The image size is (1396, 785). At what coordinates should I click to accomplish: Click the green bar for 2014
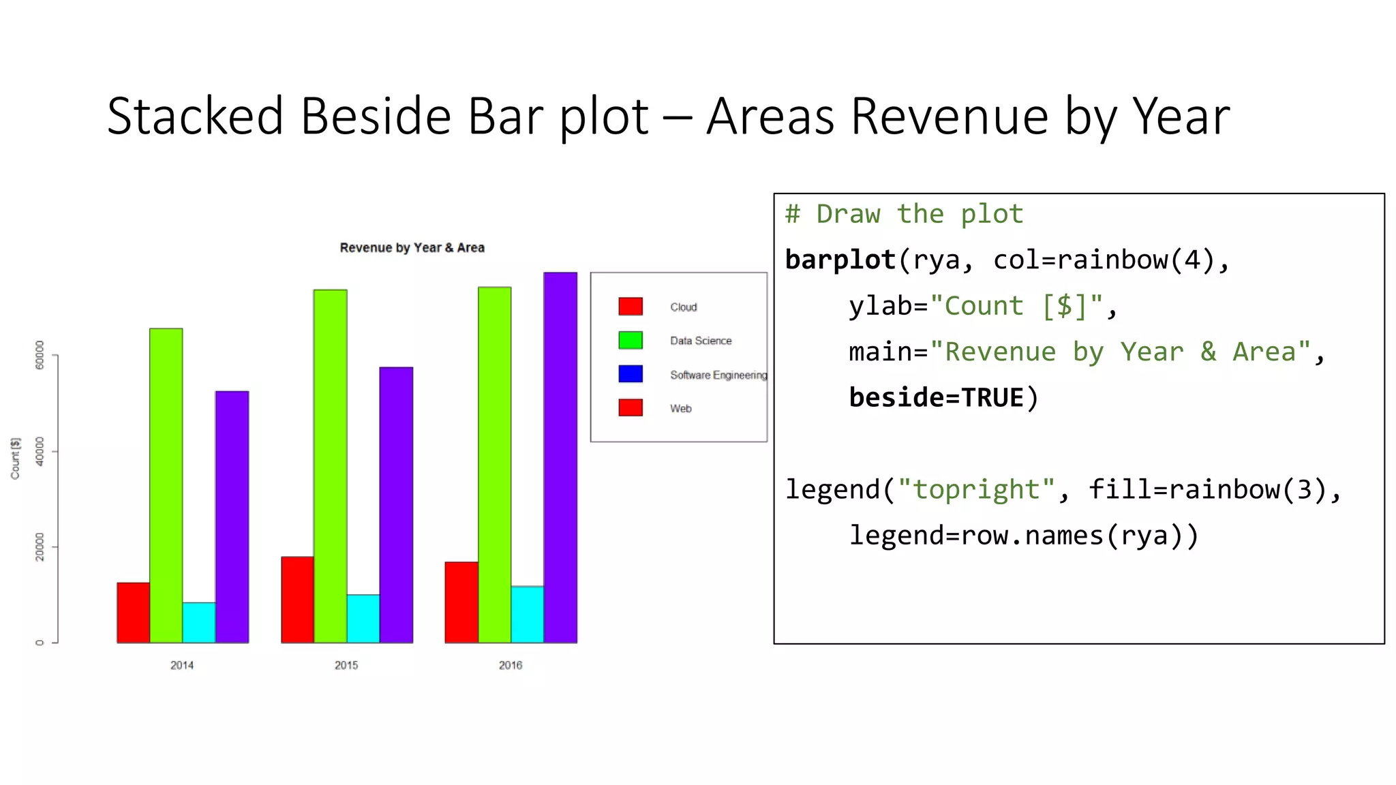coord(166,485)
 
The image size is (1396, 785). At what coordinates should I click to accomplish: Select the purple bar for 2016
coord(560,457)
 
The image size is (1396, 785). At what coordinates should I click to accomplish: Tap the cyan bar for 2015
coord(363,618)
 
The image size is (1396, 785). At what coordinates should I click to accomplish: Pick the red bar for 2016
coord(461,602)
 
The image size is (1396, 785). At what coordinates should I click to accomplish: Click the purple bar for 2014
coord(232,517)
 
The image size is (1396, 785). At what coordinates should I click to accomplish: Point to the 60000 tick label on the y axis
coord(40,355)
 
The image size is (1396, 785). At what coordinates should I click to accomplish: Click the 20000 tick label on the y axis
coord(40,547)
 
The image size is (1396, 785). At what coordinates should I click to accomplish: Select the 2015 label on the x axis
coord(346,665)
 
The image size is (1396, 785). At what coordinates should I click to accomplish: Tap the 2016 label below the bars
coord(511,665)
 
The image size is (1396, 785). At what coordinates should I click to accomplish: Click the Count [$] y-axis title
coord(16,458)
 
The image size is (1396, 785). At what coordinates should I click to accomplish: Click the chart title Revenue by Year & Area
coord(412,248)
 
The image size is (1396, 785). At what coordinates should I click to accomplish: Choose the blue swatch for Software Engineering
coord(631,374)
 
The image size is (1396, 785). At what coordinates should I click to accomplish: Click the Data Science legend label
coord(701,341)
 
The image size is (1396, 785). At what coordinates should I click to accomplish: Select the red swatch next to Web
coord(631,407)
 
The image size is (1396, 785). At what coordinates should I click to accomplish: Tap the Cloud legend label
coord(683,307)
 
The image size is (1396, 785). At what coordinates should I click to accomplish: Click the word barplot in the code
coord(840,260)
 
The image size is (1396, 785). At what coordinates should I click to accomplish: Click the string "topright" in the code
coord(976,490)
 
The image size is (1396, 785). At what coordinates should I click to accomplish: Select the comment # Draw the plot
coord(904,215)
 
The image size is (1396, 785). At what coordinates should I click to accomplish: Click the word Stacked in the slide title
coord(195,117)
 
